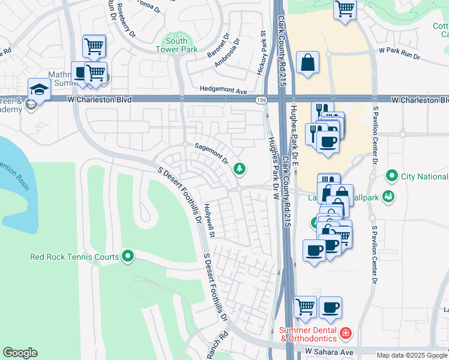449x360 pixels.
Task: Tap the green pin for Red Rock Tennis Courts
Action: tap(127, 257)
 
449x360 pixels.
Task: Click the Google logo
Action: tap(20, 353)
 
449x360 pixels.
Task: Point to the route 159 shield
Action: tap(261, 100)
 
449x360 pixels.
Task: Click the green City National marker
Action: tap(392, 176)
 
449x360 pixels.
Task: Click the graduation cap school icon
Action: tap(38, 89)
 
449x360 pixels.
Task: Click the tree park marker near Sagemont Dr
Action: tap(240, 169)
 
